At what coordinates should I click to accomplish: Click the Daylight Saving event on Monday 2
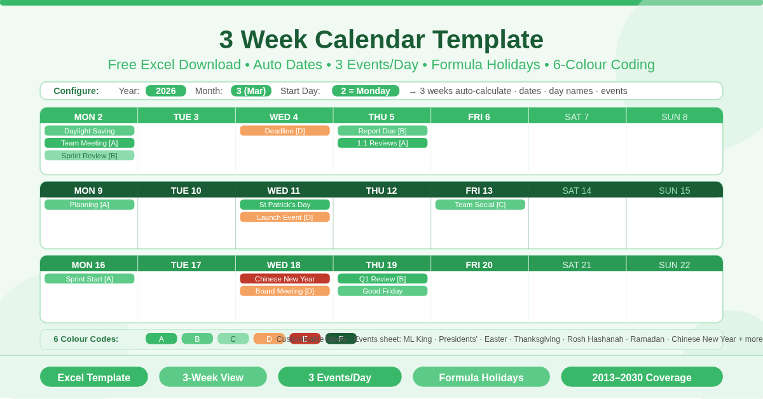tap(89, 131)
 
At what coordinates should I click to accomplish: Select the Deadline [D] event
tap(284, 131)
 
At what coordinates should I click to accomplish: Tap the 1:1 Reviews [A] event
tap(382, 143)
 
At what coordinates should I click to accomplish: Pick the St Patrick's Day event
tap(284, 205)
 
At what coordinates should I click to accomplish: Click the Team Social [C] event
tap(480, 205)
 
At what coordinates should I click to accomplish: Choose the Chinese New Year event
tap(284, 279)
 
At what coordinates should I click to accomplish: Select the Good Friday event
tap(382, 291)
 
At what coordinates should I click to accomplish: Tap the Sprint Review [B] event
tap(89, 156)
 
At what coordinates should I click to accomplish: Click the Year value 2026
tap(165, 91)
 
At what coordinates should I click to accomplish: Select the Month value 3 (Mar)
tap(251, 91)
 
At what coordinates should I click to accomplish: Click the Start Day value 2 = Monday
tap(366, 91)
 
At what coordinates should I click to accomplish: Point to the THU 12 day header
tap(381, 191)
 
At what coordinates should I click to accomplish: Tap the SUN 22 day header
tap(674, 265)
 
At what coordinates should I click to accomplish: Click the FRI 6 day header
tap(479, 117)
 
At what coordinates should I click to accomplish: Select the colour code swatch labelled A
tap(161, 339)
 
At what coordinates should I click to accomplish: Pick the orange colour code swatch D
tap(268, 339)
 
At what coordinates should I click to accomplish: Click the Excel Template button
tap(94, 377)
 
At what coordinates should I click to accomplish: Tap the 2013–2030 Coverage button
tap(642, 377)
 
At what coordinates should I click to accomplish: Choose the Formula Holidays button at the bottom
tap(481, 377)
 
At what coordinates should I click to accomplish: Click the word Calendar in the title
tap(369, 39)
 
